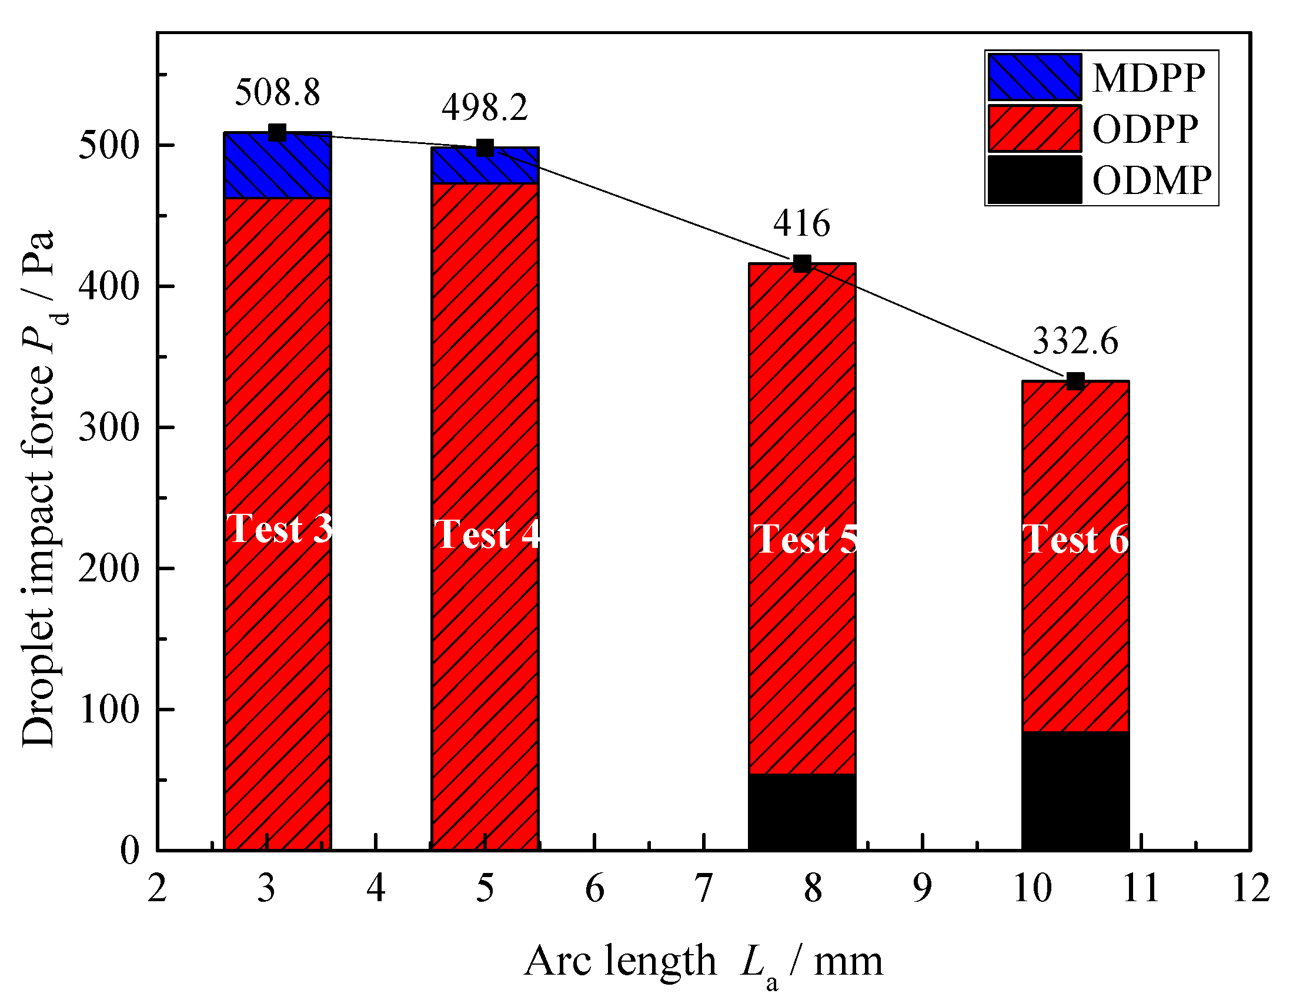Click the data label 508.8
click(277, 93)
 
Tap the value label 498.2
click(485, 108)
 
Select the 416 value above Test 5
click(801, 224)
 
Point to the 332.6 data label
click(1075, 342)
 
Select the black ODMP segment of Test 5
click(801, 812)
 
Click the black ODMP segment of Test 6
click(1075, 791)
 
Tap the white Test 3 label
click(279, 528)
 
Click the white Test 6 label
click(1075, 539)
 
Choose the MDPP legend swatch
click(1034, 78)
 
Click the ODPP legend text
click(1145, 129)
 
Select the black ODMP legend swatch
click(1034, 180)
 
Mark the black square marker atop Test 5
click(801, 263)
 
